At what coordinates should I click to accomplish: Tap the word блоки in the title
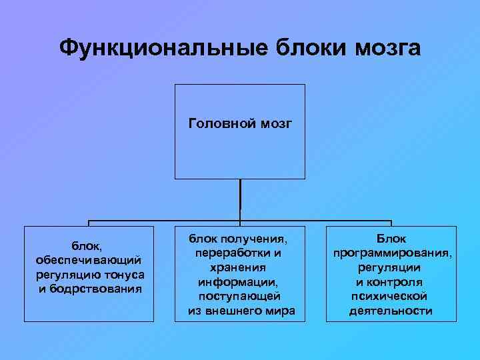(305, 48)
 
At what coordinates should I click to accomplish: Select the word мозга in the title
(387, 48)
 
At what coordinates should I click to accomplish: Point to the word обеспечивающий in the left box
(87, 259)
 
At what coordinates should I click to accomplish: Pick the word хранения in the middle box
(241, 267)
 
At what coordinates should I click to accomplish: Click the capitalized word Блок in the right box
(391, 238)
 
